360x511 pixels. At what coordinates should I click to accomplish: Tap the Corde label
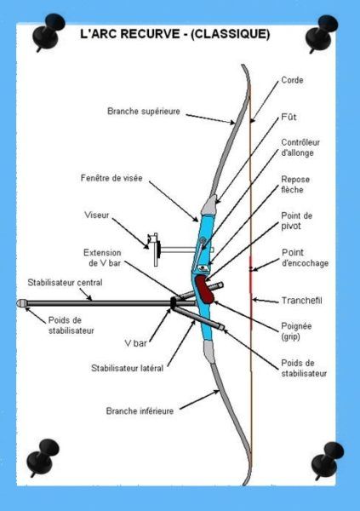pos(292,80)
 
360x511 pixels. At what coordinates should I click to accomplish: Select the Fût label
pos(289,117)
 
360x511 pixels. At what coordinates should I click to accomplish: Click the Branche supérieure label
pos(144,112)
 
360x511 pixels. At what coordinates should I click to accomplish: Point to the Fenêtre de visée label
pos(111,178)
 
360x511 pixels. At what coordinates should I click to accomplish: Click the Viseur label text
pos(96,215)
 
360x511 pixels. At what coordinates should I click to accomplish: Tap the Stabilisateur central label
pos(65,283)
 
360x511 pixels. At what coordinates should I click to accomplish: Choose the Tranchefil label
pos(301,301)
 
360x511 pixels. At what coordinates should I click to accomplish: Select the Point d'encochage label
pos(305,258)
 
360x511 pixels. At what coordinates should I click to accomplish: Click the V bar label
pos(135,343)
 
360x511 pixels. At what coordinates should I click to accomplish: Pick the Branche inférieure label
pos(140,411)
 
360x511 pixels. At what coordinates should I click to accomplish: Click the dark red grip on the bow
pos(205,290)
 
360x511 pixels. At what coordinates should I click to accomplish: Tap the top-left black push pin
pos(49,32)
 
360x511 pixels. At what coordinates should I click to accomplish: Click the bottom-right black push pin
pos(327,460)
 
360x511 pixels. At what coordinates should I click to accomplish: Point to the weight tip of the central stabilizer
pos(20,303)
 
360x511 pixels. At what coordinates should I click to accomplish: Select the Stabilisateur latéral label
pos(127,368)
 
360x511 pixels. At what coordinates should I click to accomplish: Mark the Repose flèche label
pos(295,185)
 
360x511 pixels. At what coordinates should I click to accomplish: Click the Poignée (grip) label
pos(296,331)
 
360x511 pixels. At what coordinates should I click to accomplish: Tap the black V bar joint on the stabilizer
pos(174,302)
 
